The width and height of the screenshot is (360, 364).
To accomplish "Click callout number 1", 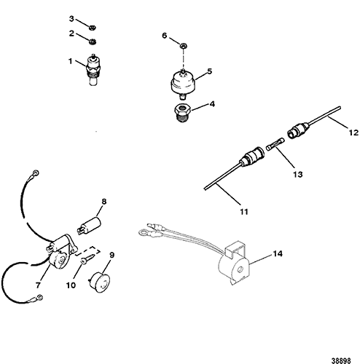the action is point(70,61).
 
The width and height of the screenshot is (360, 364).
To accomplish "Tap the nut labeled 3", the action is point(92,28).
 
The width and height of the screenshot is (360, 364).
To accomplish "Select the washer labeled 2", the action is point(93,41).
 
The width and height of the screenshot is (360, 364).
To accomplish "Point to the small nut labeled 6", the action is point(184,45).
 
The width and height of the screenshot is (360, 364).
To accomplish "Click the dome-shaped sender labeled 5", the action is point(182,83).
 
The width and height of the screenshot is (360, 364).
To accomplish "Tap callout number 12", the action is point(353,132).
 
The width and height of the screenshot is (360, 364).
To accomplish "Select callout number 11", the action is point(244,212).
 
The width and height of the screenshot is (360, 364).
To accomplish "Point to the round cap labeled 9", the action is point(99,282).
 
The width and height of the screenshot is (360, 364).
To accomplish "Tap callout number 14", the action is point(278,254).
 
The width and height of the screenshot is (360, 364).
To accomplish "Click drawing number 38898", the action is point(341,360).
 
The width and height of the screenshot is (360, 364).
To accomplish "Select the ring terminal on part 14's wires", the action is point(142,233).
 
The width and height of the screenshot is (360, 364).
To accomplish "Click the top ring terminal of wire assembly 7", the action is point(36,173).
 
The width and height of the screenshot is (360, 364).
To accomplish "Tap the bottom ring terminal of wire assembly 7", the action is point(39,297).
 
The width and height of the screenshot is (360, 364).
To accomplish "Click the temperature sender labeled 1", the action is point(93,69).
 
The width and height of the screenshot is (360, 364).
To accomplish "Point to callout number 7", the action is point(38,285).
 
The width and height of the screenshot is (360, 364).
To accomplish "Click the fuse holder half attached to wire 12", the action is point(298,131).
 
